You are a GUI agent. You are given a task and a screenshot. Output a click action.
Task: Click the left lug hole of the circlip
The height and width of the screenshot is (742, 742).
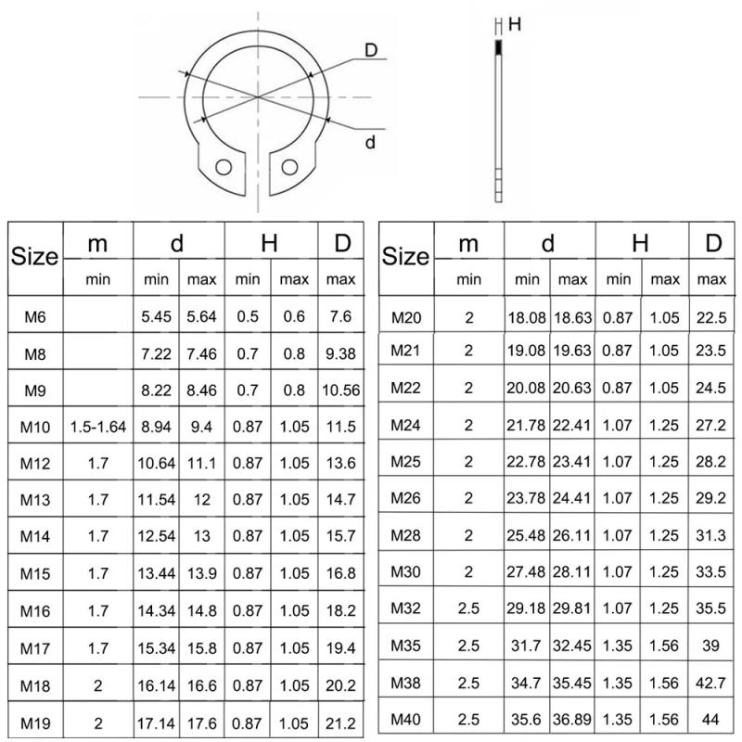[223, 167]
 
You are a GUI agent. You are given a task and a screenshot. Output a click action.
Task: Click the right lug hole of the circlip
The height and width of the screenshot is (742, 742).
[290, 166]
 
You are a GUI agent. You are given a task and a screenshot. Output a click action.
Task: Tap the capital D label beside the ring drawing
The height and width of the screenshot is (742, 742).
[371, 51]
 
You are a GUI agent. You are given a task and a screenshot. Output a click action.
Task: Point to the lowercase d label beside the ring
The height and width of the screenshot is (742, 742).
[370, 142]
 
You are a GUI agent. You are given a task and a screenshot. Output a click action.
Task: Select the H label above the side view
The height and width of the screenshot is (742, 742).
[515, 25]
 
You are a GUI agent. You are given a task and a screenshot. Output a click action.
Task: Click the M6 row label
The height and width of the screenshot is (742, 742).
[34, 317]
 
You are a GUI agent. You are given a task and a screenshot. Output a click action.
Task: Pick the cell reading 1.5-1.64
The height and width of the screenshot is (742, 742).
[97, 427]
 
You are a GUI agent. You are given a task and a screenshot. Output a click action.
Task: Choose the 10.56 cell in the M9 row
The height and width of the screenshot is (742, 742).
[341, 390]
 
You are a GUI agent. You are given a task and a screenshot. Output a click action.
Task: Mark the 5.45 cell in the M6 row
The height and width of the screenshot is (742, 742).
[157, 317]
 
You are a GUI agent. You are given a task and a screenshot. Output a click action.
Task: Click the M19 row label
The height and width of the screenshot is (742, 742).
[34, 720]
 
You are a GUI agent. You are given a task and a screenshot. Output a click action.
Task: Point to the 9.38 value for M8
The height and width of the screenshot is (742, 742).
[341, 353]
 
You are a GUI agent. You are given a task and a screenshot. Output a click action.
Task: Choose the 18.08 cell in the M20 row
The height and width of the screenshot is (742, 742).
[527, 317]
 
